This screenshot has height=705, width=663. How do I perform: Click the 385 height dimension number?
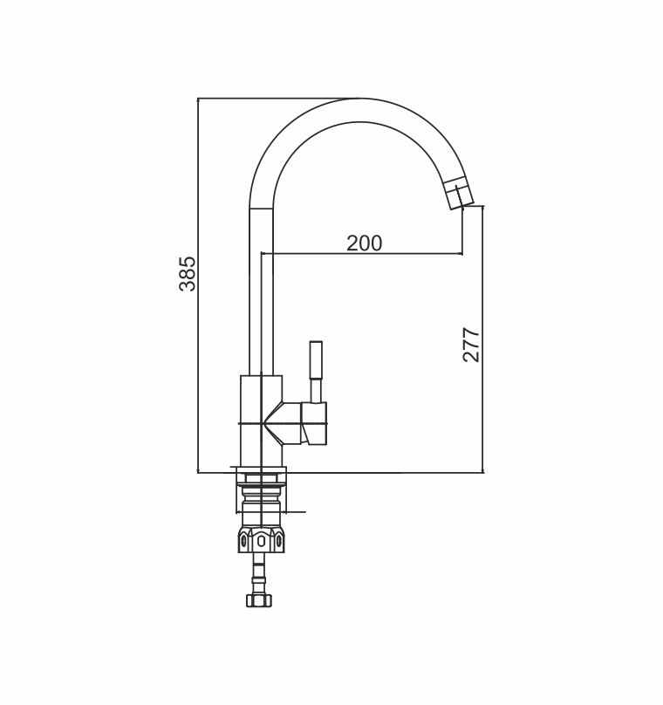(x=187, y=274)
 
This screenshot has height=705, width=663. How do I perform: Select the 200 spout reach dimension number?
(x=364, y=243)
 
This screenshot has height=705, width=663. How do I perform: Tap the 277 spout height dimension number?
(x=472, y=345)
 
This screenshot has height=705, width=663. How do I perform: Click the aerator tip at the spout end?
(x=460, y=195)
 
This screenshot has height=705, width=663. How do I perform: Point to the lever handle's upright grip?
(x=316, y=361)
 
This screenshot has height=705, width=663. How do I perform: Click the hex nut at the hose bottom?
(x=260, y=600)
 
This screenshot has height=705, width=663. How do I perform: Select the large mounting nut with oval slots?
(x=261, y=538)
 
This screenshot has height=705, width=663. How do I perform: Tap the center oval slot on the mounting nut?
(x=261, y=542)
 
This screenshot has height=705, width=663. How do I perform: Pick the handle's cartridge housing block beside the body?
(x=314, y=423)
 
